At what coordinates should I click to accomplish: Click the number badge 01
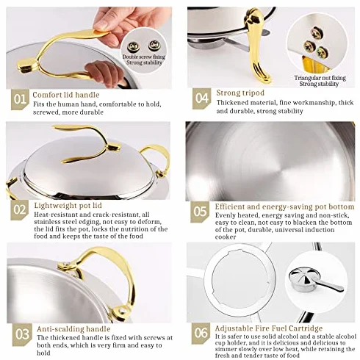(x=20, y=99)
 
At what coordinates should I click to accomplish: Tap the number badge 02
(x=20, y=209)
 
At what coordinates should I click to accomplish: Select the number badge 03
(x=22, y=334)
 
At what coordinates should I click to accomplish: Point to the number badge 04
(x=201, y=98)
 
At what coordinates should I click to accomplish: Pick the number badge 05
(x=200, y=212)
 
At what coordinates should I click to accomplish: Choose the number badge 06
(x=201, y=333)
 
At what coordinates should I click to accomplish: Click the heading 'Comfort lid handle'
(x=66, y=95)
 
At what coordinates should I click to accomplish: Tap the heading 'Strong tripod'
(x=240, y=93)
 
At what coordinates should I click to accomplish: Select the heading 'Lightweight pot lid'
(x=68, y=205)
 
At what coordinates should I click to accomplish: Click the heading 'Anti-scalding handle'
(x=73, y=329)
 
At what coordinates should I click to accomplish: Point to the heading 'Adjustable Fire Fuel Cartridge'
(x=269, y=328)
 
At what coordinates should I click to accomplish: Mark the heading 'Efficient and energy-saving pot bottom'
(x=285, y=206)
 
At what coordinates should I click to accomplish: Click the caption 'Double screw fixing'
(x=144, y=57)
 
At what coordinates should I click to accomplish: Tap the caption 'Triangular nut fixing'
(x=320, y=78)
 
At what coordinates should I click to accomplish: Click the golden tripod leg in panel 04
(x=258, y=46)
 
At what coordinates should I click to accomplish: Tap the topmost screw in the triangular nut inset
(x=317, y=33)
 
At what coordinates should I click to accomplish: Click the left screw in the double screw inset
(x=134, y=47)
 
